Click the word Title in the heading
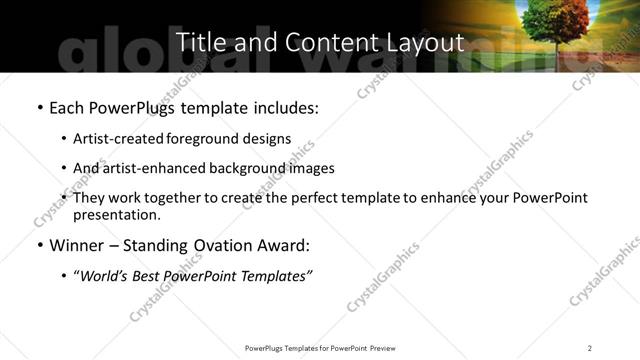(201, 42)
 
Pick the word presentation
(116, 215)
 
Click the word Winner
(76, 245)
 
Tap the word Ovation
(222, 245)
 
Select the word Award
(287, 245)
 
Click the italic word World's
(103, 275)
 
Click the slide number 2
(590, 348)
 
